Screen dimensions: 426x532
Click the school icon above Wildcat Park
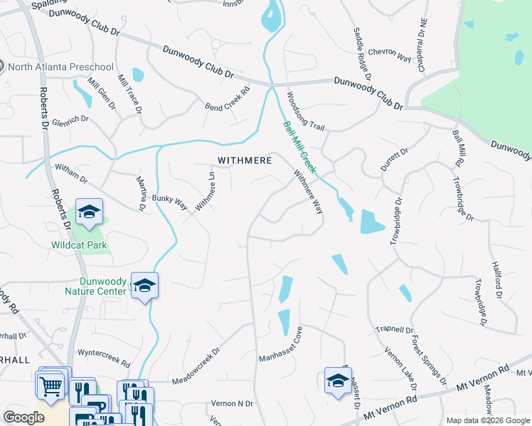(90, 212)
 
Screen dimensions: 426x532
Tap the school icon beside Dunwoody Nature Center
(144, 285)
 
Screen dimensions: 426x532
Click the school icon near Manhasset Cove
(338, 381)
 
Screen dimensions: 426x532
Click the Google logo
(23, 417)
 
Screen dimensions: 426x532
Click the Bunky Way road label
(169, 202)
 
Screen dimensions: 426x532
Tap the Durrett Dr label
(395, 160)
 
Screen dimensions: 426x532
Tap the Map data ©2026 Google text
(487, 420)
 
